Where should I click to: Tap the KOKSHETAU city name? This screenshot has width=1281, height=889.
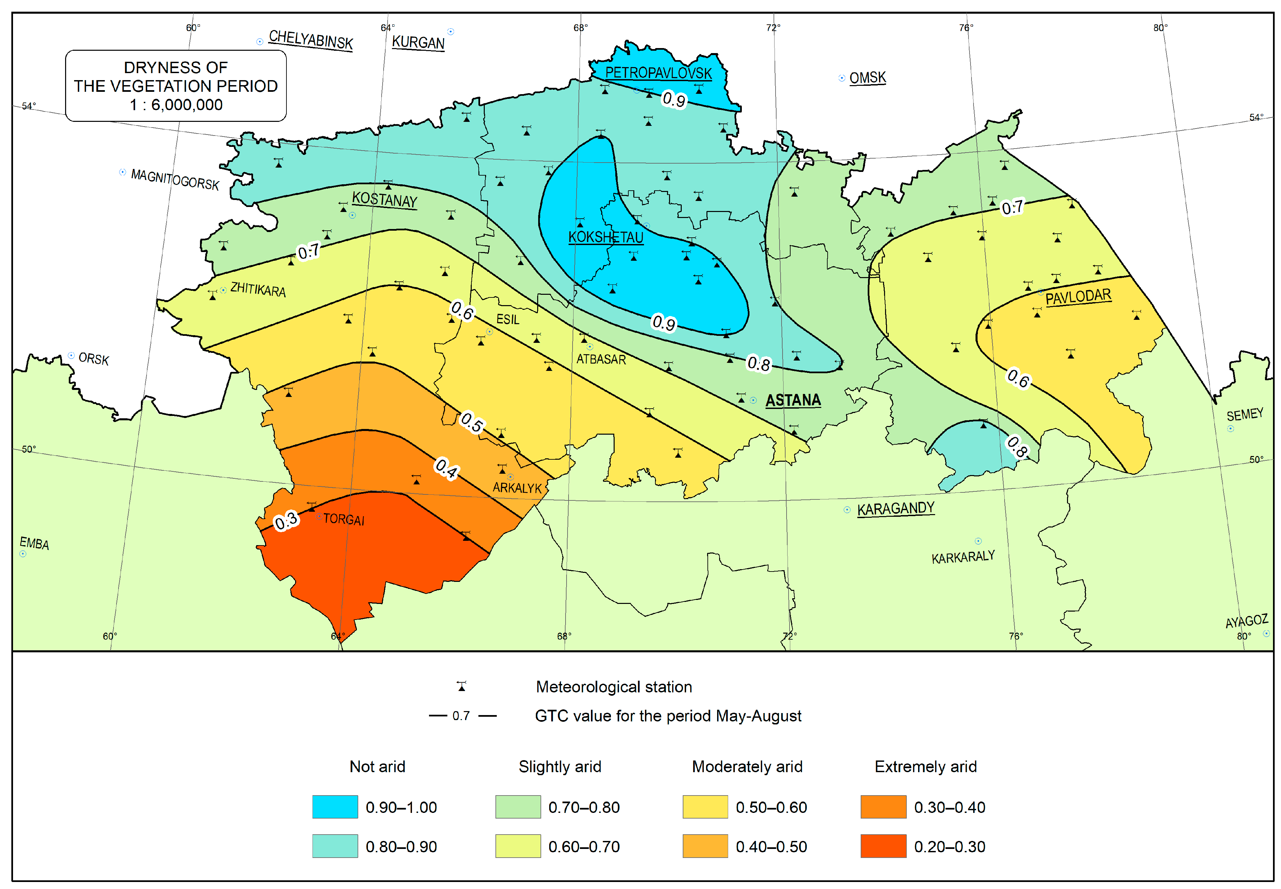click(x=605, y=237)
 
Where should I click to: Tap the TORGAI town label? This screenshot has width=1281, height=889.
click(x=344, y=519)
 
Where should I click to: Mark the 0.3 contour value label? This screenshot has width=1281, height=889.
click(x=286, y=522)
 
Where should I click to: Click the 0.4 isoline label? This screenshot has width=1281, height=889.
click(x=446, y=468)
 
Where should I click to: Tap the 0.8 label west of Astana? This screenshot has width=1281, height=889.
click(x=758, y=364)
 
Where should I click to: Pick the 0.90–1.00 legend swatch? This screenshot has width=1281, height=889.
click(x=335, y=807)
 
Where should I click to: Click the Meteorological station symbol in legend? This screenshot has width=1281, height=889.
click(x=461, y=686)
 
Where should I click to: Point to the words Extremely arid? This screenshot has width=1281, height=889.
click(x=925, y=766)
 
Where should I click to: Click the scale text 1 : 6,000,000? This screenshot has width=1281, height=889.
click(x=176, y=105)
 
